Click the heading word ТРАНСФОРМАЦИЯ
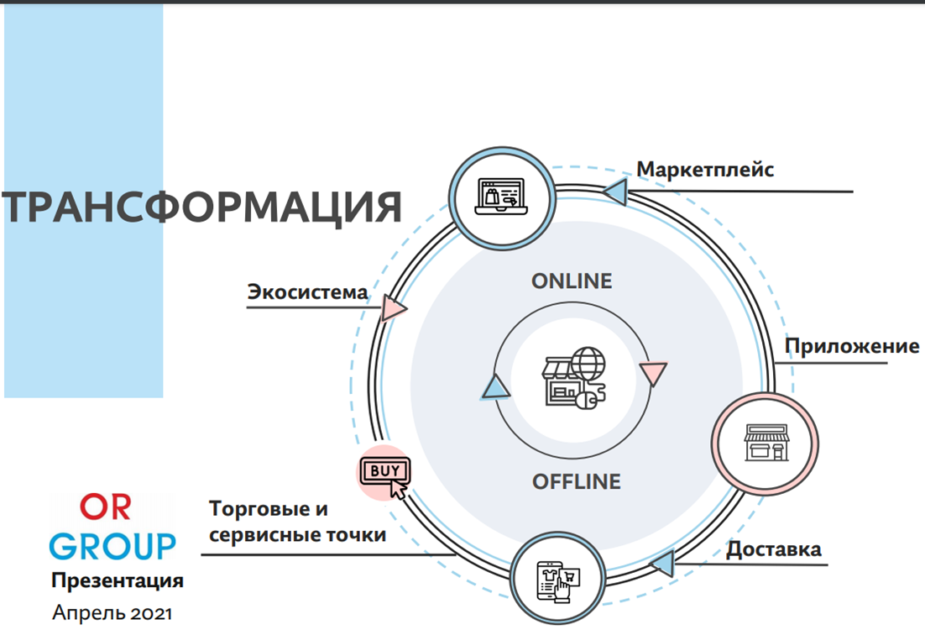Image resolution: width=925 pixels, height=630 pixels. coord(201,207)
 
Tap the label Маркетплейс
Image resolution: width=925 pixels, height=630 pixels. coord(704,170)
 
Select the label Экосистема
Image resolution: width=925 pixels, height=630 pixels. coord(307,292)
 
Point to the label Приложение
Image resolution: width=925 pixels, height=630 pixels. coord(851,346)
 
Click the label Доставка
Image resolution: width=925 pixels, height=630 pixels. coord(773,550)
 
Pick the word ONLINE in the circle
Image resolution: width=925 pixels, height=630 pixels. coord(572,281)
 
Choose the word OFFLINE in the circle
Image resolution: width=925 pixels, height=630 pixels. coord(577,481)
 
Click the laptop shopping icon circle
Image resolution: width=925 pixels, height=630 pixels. coord(502,199)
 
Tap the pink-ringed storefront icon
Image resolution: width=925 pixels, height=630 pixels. coord(765,443)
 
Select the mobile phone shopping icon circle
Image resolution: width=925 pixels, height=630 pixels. coord(558,578)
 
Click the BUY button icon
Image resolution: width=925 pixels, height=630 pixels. coord(384,473)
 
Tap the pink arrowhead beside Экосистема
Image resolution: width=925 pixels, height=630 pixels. coord(393,308)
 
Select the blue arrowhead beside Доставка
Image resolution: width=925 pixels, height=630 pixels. coord(662,563)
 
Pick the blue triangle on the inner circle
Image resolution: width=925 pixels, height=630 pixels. coord(495,386)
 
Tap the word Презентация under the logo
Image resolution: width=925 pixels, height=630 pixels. coord(117,580)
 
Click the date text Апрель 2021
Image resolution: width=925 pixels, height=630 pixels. coord(112,612)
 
